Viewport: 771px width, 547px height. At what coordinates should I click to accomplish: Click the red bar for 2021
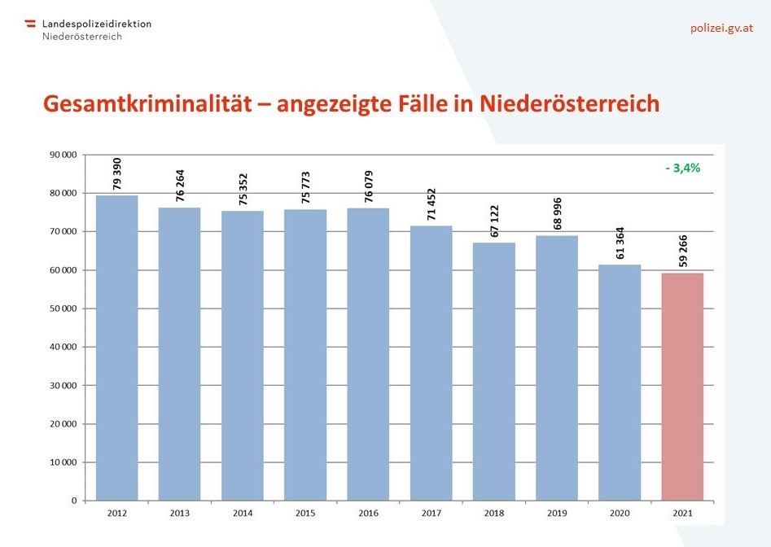click(682, 387)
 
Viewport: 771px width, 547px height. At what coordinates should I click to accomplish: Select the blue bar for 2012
click(116, 348)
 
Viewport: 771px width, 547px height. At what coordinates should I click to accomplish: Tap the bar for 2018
click(494, 371)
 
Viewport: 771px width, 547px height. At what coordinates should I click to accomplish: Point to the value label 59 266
click(682, 248)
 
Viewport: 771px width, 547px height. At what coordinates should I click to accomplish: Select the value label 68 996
click(557, 212)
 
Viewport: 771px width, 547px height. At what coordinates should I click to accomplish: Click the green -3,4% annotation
click(682, 168)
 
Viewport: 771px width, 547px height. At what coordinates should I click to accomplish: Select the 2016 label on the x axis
click(368, 514)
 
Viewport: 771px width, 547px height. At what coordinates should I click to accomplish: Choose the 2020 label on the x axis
click(620, 514)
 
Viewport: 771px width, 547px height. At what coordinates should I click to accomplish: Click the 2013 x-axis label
click(179, 514)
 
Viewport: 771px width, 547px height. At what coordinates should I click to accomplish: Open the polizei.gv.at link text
click(721, 28)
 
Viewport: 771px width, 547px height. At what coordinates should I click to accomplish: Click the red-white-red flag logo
click(31, 24)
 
